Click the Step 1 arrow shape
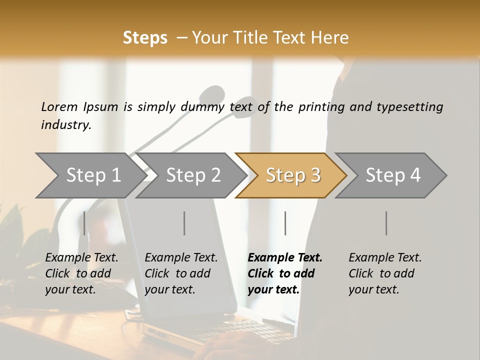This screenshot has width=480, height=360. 90,175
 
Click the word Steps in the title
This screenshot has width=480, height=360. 145,38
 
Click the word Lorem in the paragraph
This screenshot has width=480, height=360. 59,106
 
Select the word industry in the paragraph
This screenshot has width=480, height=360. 66,125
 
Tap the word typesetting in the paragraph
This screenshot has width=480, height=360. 410,107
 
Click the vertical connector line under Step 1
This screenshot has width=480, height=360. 84,223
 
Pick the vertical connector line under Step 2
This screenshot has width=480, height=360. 184,223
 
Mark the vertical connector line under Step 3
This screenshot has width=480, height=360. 285,223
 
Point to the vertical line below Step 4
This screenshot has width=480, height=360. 386,223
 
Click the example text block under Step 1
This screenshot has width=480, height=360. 81,273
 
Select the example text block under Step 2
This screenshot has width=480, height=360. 181,273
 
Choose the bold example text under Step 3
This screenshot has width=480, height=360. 284,273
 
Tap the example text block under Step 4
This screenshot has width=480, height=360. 385,273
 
